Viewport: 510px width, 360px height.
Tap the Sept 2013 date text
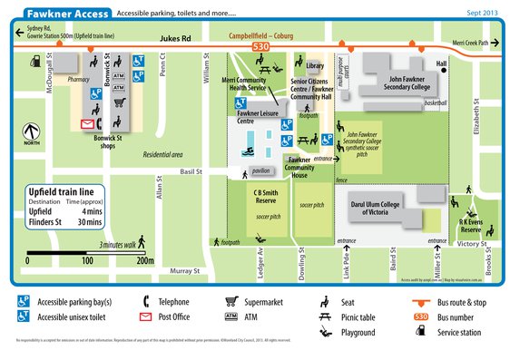click(482, 15)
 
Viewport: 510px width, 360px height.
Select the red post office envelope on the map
click(88, 123)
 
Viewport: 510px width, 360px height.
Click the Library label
click(315, 66)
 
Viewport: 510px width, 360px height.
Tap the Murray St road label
click(184, 270)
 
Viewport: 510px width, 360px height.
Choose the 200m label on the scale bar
click(144, 260)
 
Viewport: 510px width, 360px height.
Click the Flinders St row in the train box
click(62, 222)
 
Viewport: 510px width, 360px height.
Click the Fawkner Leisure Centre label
click(256, 116)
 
